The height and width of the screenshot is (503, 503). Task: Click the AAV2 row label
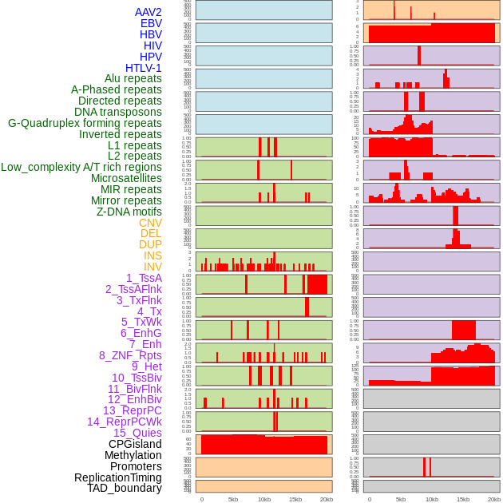(x=149, y=12)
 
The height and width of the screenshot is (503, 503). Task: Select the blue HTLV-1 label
(x=144, y=68)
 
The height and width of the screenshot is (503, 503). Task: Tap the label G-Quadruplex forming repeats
(x=85, y=123)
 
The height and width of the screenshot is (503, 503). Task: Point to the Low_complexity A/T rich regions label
(x=81, y=167)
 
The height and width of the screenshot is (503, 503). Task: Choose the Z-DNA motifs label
(x=129, y=212)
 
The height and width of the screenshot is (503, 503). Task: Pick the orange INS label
(x=152, y=255)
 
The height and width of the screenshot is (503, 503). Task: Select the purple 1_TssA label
(x=144, y=278)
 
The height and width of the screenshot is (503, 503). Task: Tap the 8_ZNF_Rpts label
(x=130, y=355)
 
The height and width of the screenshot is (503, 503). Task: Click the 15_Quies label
(x=137, y=433)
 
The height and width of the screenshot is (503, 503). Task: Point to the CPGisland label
(x=135, y=444)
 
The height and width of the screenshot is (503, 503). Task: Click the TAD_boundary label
(x=125, y=488)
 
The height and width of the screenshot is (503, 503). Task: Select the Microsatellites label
(x=126, y=178)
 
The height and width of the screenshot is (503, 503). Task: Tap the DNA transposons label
(x=118, y=112)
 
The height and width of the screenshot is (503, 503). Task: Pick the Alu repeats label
(x=133, y=78)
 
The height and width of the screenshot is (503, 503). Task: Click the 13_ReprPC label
(x=132, y=410)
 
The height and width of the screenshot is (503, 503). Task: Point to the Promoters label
(x=136, y=466)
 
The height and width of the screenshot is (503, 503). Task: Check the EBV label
(x=151, y=23)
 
